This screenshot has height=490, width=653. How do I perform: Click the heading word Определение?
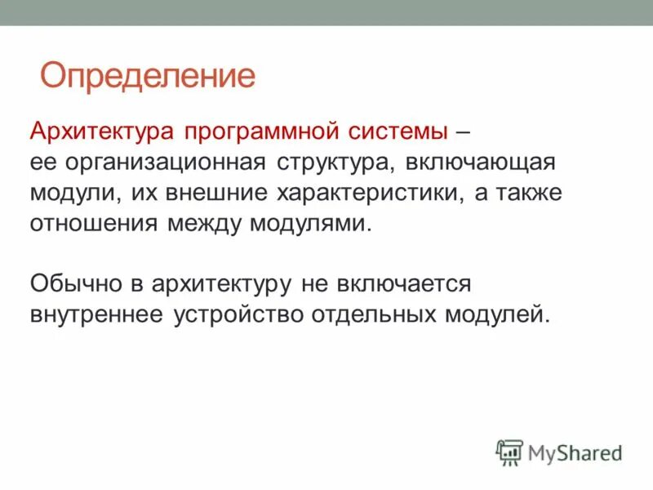click(x=148, y=76)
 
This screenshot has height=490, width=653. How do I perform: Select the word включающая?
click(x=476, y=163)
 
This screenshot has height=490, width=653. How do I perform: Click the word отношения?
click(x=89, y=224)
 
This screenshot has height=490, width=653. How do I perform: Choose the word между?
click(x=199, y=224)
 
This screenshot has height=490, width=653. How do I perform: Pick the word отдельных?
click(x=375, y=315)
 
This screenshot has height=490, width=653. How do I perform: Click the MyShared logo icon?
click(x=509, y=452)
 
